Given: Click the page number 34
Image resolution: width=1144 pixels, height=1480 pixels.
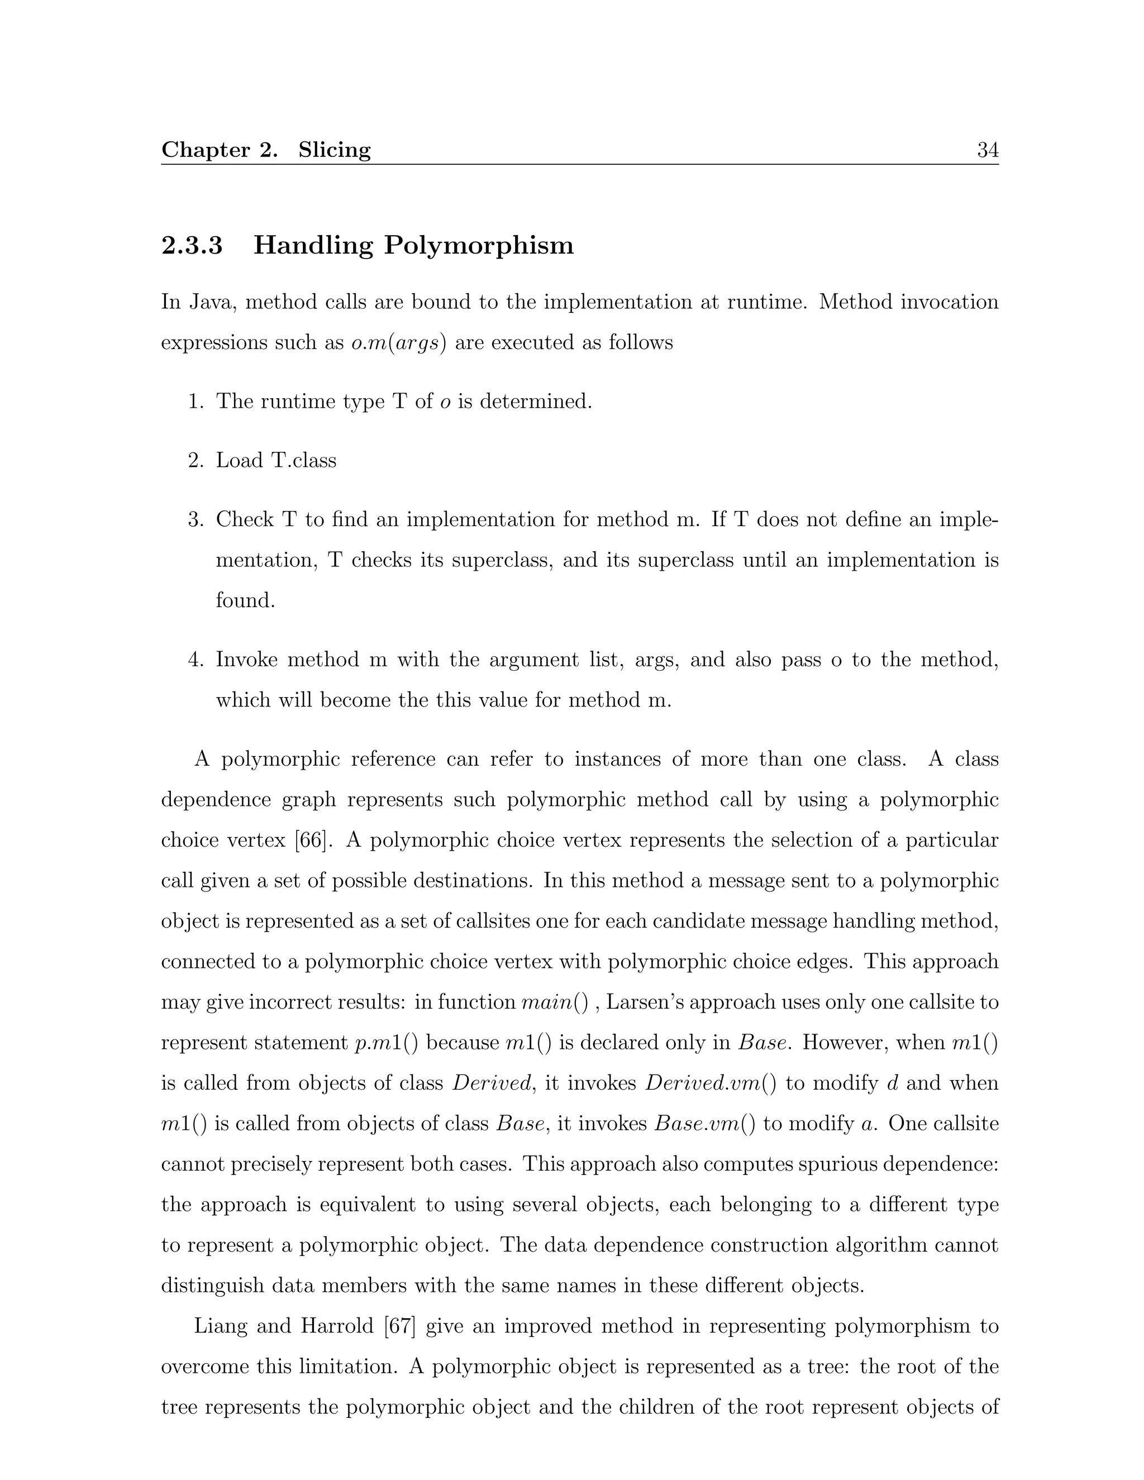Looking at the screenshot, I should coord(988,150).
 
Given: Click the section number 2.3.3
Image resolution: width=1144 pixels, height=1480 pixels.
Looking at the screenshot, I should coord(192,245).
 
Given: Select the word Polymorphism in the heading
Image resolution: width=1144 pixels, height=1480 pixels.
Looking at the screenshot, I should coord(479,245).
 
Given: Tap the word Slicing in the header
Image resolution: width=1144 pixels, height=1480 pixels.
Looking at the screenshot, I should coord(334,150).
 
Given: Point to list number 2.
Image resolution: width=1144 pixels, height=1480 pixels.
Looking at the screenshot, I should coord(196,461).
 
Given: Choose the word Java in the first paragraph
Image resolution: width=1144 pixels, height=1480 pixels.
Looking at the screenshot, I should coord(209,302).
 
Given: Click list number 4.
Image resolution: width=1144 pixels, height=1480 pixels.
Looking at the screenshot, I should coord(196,660).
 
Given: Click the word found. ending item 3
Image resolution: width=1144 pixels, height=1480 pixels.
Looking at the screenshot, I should coord(245,600).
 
